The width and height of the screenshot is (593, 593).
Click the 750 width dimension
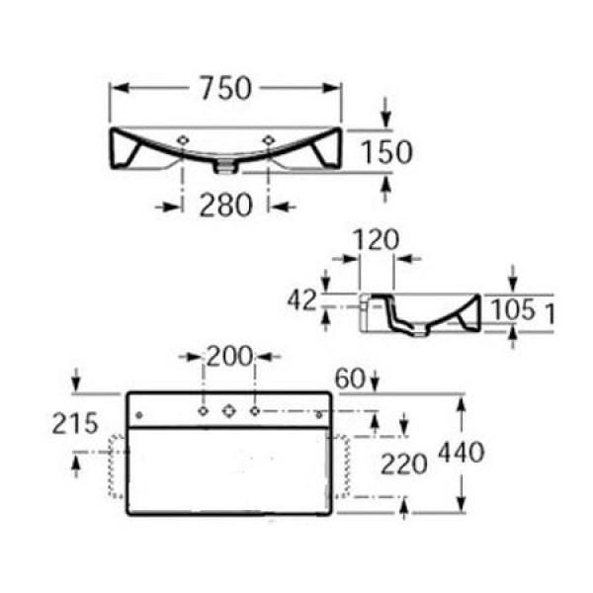click(x=225, y=88)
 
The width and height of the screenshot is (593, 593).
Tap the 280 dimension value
click(x=227, y=205)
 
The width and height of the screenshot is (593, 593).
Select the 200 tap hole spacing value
click(x=228, y=357)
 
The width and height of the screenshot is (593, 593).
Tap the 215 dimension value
click(x=76, y=424)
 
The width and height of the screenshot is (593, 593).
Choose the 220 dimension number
click(x=406, y=462)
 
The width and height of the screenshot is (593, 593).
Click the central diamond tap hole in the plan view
click(x=228, y=409)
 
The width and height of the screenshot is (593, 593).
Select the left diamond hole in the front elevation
click(x=185, y=140)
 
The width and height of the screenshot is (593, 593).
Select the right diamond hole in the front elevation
click(x=269, y=140)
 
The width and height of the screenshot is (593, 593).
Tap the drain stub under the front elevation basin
click(x=226, y=164)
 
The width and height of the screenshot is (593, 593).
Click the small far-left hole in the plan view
click(x=139, y=412)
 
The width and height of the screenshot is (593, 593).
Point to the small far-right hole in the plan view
click(x=318, y=412)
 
